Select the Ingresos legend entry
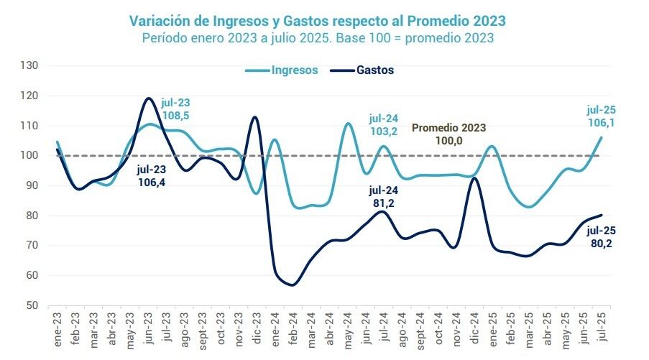click(294, 70)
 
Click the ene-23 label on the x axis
click(57, 328)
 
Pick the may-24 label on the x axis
click(347, 328)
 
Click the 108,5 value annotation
click(175, 115)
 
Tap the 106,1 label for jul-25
click(602, 123)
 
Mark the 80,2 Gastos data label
click(602, 244)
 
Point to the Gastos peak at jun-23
click(149, 98)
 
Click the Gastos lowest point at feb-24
click(293, 285)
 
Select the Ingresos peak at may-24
click(347, 124)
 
